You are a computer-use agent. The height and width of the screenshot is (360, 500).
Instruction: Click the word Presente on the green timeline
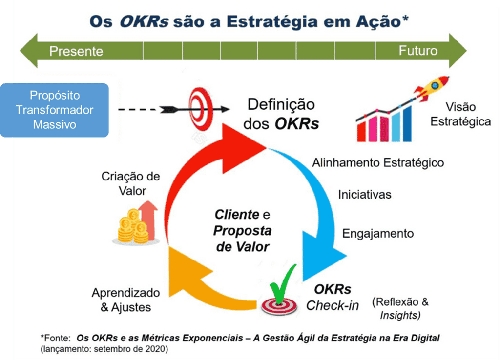click(x=76, y=51)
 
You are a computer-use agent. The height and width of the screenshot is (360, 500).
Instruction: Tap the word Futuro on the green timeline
click(x=418, y=51)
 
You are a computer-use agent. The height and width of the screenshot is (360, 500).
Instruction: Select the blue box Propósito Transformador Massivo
click(x=55, y=110)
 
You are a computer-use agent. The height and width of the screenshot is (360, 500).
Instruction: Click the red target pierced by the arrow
click(x=201, y=109)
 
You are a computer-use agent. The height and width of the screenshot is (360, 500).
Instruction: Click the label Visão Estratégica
click(x=460, y=114)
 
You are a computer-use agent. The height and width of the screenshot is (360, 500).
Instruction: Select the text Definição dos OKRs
click(x=281, y=114)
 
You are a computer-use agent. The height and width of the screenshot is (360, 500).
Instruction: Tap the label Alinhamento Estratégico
click(x=378, y=163)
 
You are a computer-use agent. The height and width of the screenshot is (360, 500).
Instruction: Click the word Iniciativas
click(x=365, y=194)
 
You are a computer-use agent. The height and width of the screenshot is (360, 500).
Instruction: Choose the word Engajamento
click(x=378, y=234)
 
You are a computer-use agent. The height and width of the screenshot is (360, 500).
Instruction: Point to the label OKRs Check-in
click(x=333, y=298)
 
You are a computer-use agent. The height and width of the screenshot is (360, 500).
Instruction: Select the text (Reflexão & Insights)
click(x=400, y=308)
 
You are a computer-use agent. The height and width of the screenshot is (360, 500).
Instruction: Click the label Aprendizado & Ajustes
click(x=125, y=300)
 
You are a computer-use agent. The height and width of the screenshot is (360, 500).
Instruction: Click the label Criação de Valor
click(x=131, y=183)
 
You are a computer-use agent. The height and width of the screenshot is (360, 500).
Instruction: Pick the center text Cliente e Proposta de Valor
click(x=242, y=230)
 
